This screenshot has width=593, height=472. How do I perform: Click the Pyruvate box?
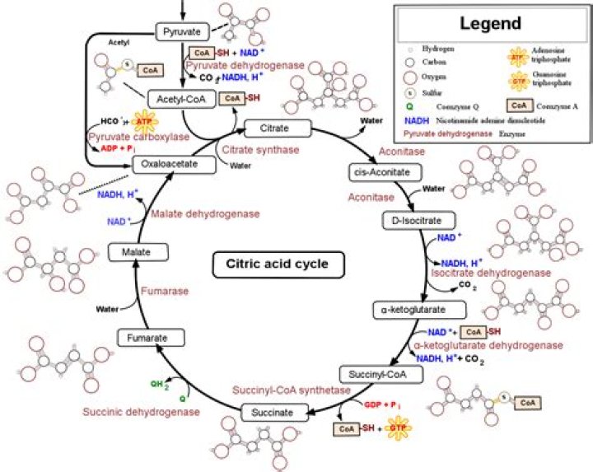click(180, 31)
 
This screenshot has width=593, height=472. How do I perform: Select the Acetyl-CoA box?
click(181, 99)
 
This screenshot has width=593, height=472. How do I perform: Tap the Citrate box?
click(278, 128)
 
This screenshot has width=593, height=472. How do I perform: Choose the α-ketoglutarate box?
click(419, 310)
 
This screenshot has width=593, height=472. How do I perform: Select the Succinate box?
click(273, 410)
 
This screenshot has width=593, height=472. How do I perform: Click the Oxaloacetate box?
click(174, 165)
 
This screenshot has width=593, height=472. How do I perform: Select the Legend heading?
click(490, 23)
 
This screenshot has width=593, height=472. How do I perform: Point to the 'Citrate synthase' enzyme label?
click(260, 150)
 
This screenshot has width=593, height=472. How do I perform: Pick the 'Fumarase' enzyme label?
click(164, 291)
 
